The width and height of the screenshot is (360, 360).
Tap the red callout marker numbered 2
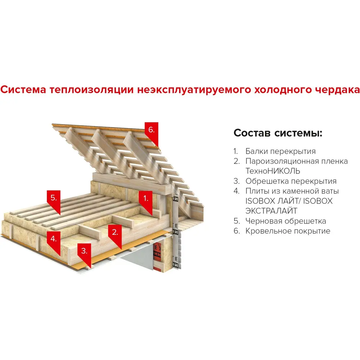(x=115, y=233)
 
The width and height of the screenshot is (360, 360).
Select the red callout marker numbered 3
(x=84, y=251)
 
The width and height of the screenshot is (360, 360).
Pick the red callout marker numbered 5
(x=54, y=198)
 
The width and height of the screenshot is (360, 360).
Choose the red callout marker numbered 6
(x=151, y=130)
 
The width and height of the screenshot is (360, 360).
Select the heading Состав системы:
(x=278, y=133)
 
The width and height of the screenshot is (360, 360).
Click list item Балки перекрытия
(x=280, y=151)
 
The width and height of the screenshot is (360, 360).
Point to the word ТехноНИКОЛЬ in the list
(x=273, y=171)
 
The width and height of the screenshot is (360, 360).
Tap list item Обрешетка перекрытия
(x=291, y=181)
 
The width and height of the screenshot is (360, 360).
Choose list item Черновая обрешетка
(x=286, y=221)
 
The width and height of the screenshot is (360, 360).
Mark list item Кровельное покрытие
(x=288, y=231)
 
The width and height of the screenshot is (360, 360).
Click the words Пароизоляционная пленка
(x=297, y=161)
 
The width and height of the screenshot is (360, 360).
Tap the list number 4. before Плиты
(x=236, y=191)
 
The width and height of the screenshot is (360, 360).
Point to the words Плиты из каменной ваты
(x=292, y=191)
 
